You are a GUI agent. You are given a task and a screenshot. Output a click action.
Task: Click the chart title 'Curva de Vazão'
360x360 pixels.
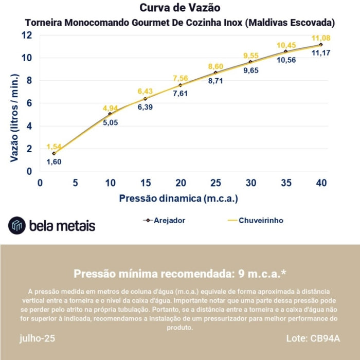(179, 8)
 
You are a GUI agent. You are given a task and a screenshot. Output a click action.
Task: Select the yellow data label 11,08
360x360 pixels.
(320, 38)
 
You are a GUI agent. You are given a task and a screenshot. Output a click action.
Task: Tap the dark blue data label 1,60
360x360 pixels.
(54, 161)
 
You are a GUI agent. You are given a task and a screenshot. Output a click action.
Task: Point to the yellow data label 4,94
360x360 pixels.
(111, 108)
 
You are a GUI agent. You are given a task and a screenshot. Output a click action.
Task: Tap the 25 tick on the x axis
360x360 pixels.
(215, 183)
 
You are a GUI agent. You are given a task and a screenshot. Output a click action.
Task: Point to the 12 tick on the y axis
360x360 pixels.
(27, 35)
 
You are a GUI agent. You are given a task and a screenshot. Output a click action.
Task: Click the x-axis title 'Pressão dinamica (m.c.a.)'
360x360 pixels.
(179, 198)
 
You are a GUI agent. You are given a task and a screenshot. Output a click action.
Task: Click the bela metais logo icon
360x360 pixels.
(16, 225)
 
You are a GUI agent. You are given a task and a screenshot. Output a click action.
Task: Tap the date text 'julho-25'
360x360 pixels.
(38, 339)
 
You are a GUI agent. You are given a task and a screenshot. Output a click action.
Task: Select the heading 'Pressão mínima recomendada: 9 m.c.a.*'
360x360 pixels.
(179, 273)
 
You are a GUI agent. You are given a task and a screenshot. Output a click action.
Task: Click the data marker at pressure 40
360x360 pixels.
(320, 45)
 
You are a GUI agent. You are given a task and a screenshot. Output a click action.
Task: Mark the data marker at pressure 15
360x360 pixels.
(145, 99)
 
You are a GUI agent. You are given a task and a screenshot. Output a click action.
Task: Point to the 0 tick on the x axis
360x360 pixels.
(40, 183)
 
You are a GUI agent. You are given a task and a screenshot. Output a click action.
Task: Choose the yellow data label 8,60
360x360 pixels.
(215, 67)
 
